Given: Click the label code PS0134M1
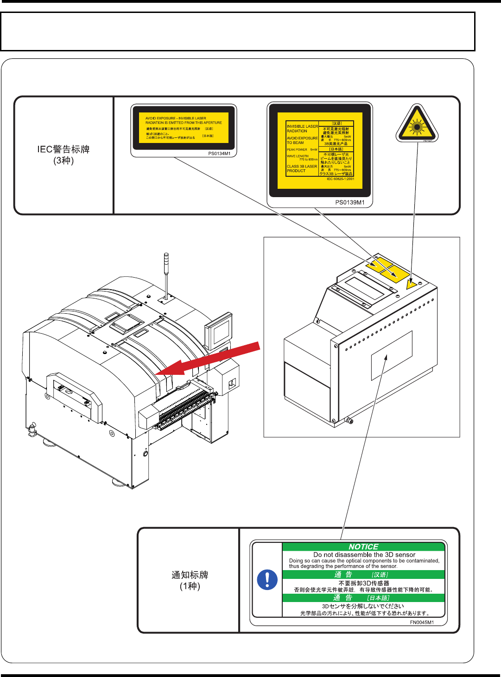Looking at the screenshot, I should click(219, 154).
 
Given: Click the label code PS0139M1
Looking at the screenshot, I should click(350, 202).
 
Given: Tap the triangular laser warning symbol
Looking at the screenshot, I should click(417, 124).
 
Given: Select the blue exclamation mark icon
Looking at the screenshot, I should click(267, 579).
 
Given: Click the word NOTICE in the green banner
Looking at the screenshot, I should click(363, 547).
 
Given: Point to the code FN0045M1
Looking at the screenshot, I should click(422, 622).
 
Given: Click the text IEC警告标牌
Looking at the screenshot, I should click(63, 149).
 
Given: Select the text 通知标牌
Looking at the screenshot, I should click(190, 575).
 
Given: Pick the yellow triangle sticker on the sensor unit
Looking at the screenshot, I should click(411, 284).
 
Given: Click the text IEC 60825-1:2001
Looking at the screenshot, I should click(340, 179).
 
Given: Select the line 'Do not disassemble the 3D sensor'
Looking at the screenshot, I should click(364, 554).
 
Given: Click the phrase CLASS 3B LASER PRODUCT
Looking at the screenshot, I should click(302, 168).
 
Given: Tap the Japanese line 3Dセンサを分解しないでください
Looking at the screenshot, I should click(363, 606).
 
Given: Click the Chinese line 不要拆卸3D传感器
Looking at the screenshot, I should click(364, 583).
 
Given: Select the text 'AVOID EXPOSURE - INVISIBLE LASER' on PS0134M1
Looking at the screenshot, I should click(176, 118).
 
